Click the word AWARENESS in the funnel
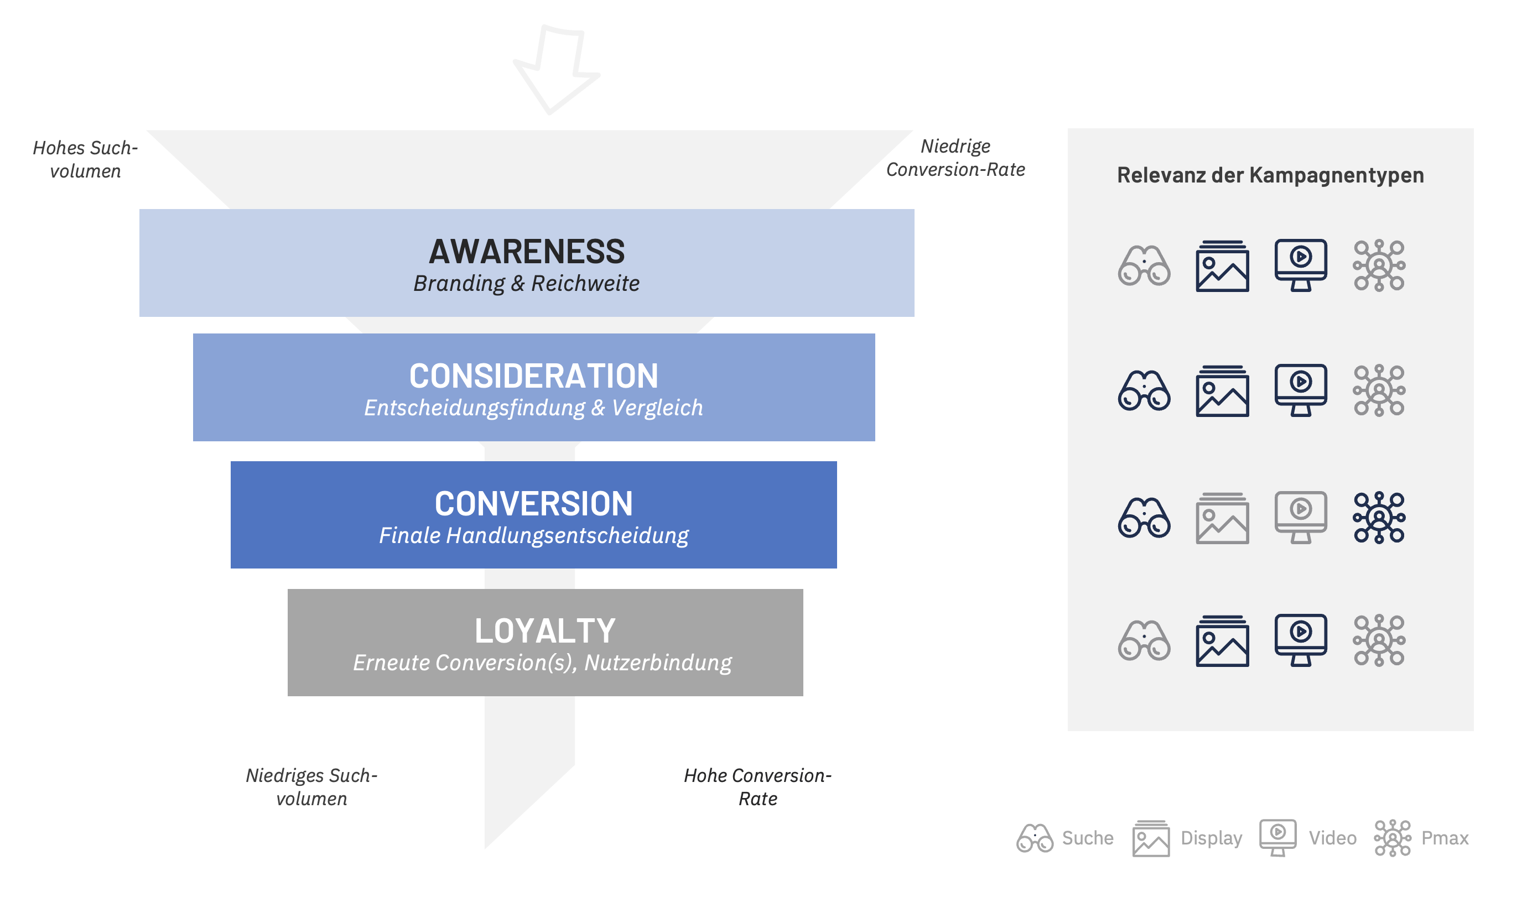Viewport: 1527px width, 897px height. (527, 252)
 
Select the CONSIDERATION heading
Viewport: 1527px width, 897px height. (533, 376)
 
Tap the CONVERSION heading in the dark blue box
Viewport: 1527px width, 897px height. (533, 504)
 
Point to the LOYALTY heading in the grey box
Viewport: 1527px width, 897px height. (545, 631)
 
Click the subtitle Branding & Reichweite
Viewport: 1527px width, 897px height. (526, 284)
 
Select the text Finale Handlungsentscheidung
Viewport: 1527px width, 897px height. (533, 536)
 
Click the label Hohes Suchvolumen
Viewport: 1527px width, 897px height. (85, 159)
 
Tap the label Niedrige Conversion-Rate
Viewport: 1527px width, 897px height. (955, 158)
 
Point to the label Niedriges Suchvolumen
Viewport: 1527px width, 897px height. (311, 787)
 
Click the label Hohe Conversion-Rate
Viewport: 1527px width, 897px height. (757, 787)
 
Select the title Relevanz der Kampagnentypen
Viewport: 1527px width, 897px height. (1270, 175)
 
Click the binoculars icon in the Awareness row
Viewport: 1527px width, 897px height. (1144, 265)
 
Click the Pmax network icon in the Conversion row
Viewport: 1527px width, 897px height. (1379, 517)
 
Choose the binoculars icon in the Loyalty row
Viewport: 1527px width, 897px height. (1144, 640)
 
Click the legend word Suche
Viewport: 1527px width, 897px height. (1088, 838)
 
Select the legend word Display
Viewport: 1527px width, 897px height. (1211, 838)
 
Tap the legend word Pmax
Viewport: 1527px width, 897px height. (1445, 838)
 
